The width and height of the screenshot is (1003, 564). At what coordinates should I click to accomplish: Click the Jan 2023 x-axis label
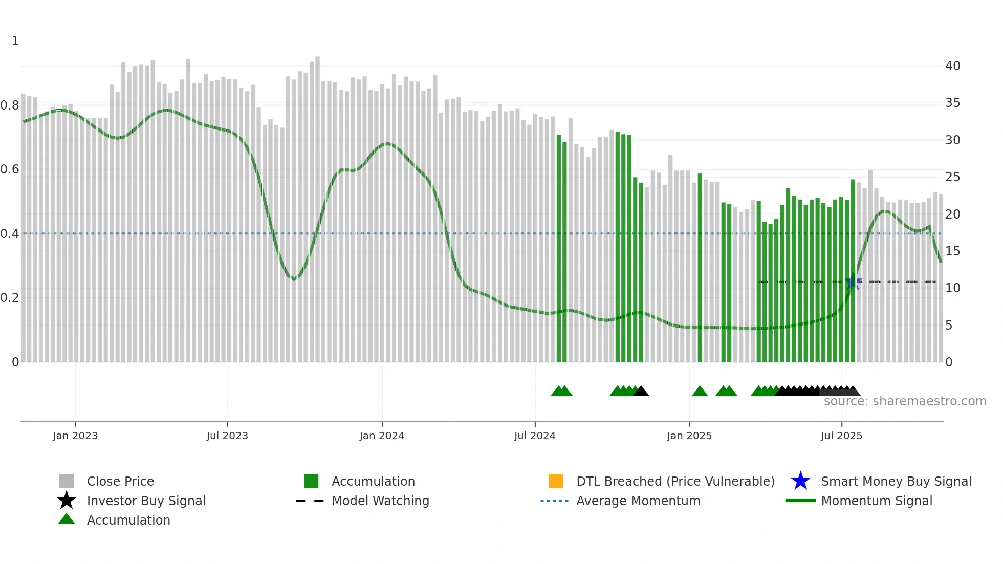(75, 436)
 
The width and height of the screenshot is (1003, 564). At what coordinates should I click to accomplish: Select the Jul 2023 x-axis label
(227, 436)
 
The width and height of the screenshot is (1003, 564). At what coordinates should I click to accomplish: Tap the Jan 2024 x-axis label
(382, 436)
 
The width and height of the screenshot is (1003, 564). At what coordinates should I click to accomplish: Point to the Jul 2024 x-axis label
(535, 436)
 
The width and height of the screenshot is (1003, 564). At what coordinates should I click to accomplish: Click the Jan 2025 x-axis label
(689, 436)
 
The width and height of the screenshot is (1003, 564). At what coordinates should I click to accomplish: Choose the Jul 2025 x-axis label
(841, 436)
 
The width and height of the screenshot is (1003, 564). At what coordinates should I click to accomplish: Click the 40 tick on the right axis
(952, 66)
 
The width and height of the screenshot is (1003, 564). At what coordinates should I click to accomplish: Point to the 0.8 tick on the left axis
(10, 105)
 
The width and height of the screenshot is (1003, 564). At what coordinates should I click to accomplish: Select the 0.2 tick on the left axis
(10, 298)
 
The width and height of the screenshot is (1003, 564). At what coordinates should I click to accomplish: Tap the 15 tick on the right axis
(952, 251)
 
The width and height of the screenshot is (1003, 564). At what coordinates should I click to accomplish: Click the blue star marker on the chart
(853, 283)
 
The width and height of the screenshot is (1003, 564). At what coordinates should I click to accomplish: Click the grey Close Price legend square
(67, 481)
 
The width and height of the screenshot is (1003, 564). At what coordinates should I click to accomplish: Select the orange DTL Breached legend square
(556, 481)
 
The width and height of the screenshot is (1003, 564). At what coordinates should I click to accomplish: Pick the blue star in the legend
(800, 481)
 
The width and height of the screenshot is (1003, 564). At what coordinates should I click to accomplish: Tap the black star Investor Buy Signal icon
(67, 501)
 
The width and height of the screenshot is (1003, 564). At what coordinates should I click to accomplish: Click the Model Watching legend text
(380, 501)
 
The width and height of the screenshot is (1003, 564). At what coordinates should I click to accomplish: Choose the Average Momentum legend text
(638, 501)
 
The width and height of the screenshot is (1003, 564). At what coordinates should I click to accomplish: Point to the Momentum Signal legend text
(877, 501)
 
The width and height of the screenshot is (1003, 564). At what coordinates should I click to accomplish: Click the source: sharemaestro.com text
(905, 401)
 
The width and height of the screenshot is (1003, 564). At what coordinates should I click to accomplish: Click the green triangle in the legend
(67, 519)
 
